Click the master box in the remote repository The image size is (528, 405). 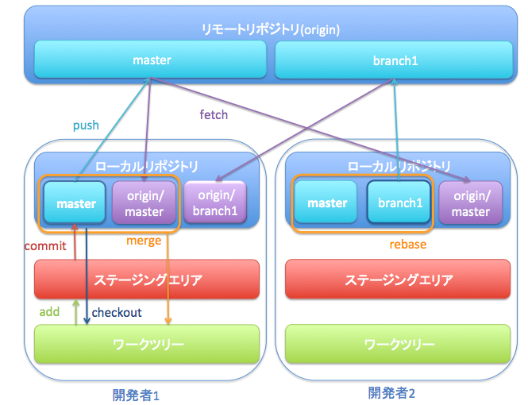coord(151,60)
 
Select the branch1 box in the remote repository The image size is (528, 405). coord(395,60)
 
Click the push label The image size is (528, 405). coord(86,125)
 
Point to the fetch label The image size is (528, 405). coord(213,114)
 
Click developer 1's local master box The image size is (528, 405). coord(75,203)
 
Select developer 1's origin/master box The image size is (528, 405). coord(144,203)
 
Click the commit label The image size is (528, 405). coord(45,246)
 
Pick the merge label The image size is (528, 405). coord(144,241)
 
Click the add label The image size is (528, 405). coord(49,312)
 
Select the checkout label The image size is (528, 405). coord(117,313)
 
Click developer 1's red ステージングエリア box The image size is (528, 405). coord(147,280)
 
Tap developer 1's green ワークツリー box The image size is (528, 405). coord(147,345)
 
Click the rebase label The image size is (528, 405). coord(406,245)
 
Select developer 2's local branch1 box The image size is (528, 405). coord(399,203)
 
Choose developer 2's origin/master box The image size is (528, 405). coord(471,203)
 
